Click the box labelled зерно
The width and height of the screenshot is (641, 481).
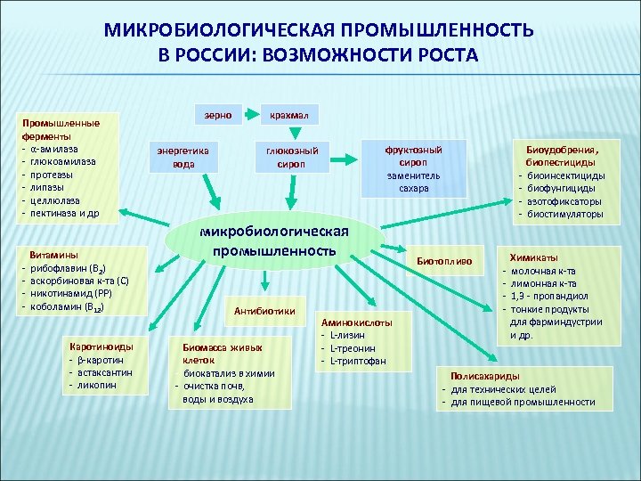click(x=219, y=115)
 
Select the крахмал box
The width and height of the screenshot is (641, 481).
click(x=291, y=116)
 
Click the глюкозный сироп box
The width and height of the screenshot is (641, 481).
click(x=291, y=157)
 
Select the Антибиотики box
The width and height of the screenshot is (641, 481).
click(x=264, y=311)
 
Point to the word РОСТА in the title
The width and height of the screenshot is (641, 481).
click(x=441, y=55)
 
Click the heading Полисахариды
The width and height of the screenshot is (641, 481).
click(x=485, y=377)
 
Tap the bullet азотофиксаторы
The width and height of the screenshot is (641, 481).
click(x=564, y=201)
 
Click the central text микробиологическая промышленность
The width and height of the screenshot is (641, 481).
click(x=276, y=240)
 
